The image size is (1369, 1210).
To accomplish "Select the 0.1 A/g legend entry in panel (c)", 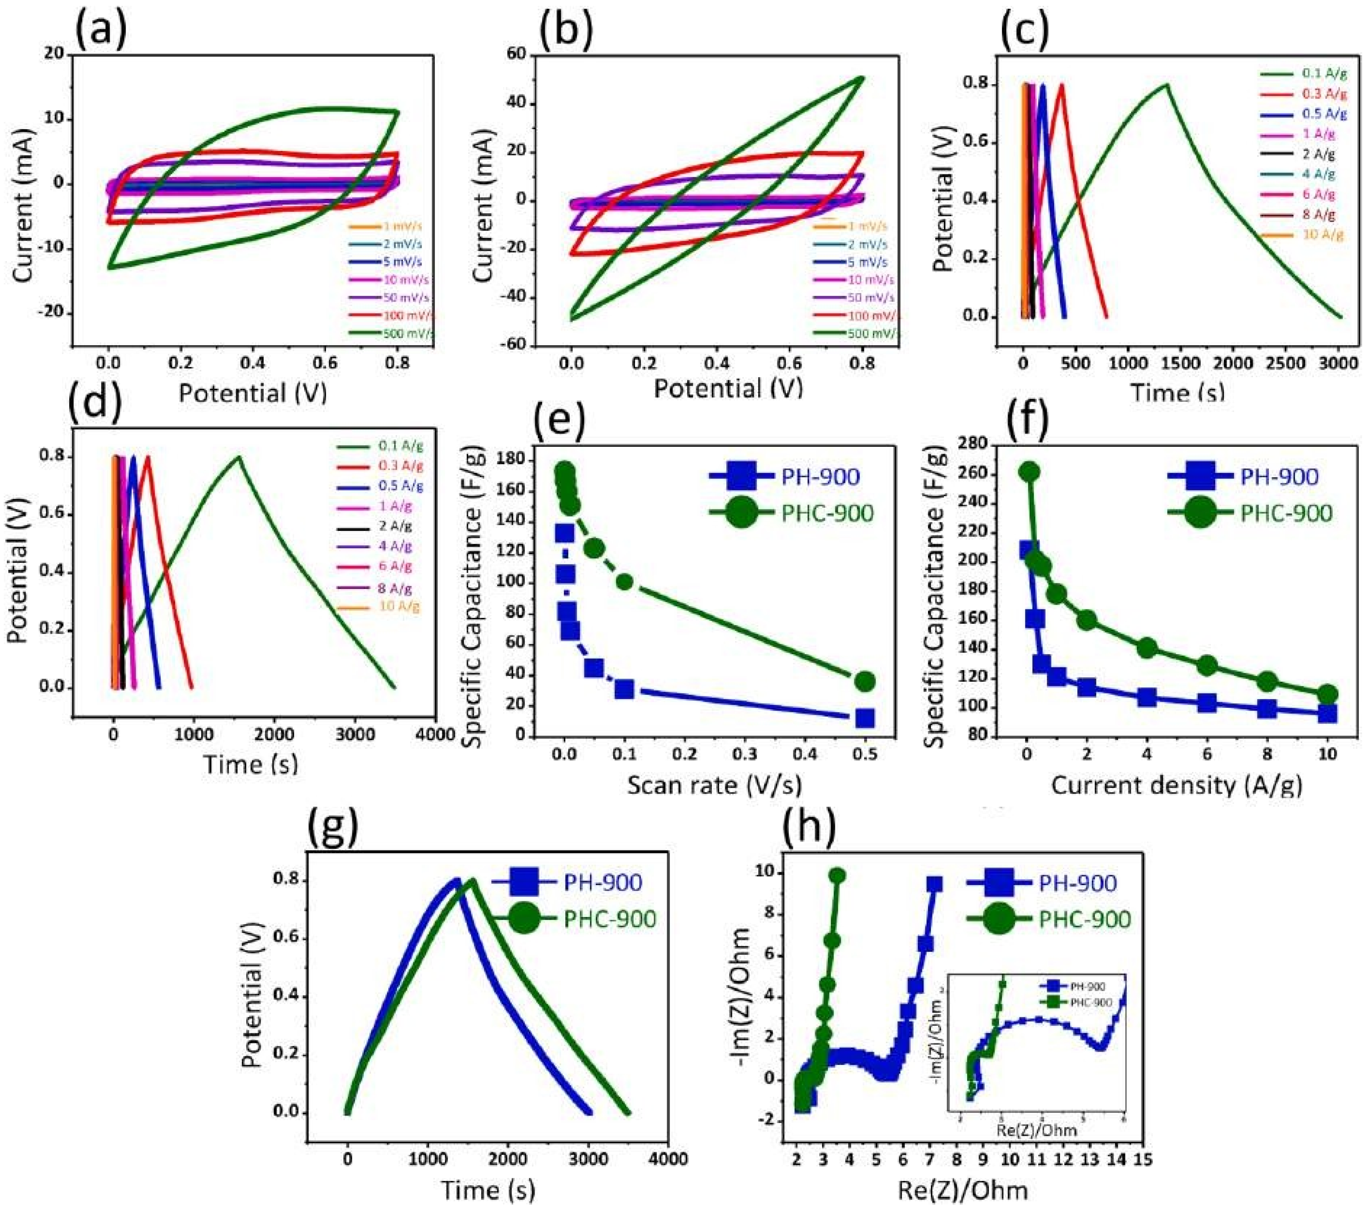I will [1302, 73].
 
